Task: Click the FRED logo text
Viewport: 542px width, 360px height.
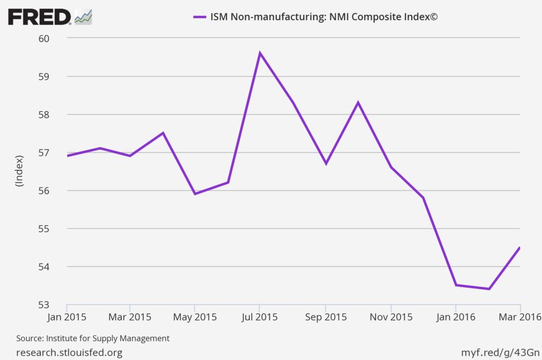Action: pos(39,17)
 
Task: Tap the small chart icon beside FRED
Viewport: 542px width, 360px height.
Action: pos(84,17)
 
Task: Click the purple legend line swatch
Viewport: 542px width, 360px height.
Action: pos(199,17)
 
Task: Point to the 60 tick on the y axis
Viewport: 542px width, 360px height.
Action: pos(43,39)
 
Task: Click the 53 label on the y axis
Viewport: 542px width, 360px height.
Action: pos(43,305)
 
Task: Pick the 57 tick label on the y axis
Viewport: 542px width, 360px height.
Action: pos(43,153)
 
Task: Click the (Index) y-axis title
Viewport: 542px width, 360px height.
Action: pos(20,171)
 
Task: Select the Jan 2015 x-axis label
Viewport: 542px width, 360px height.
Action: pos(67,317)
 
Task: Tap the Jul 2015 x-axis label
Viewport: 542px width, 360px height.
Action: pos(259,317)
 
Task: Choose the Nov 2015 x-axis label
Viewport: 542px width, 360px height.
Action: pos(391,317)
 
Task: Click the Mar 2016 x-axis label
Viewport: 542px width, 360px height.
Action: pos(519,317)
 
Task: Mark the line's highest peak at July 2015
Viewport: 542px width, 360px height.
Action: pos(259,53)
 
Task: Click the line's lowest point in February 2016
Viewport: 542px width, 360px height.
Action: pos(489,289)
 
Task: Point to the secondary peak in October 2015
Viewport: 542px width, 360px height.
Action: pos(358,102)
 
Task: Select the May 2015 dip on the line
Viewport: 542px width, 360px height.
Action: pos(195,194)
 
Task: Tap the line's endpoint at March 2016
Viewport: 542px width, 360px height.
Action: pos(520,247)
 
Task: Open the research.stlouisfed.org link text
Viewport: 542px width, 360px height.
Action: pos(69,352)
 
